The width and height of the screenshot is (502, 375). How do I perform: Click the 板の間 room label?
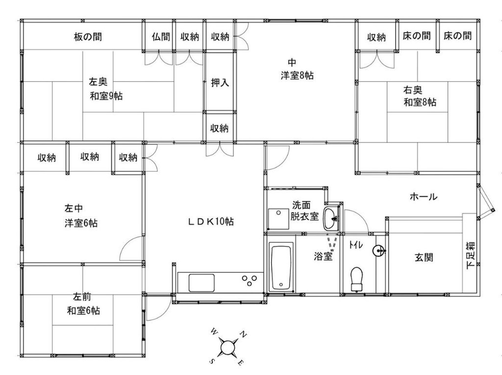tap(88, 37)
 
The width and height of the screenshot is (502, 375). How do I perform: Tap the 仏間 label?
tap(161, 37)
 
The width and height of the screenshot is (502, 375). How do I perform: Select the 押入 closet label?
tap(220, 82)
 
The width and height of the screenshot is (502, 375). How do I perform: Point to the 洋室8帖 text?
tap(297, 76)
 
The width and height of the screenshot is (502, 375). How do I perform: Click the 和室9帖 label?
tap(106, 96)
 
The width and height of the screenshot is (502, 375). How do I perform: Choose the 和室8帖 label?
tap(420, 102)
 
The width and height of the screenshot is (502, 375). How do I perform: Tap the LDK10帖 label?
tap(211, 221)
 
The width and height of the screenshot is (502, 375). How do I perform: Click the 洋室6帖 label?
tap(81, 223)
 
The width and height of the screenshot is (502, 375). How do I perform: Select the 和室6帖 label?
tap(83, 311)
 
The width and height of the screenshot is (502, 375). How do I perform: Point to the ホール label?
tap(423, 196)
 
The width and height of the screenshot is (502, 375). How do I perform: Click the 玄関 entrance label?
tap(424, 257)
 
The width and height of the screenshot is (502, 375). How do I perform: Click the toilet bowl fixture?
tap(357, 279)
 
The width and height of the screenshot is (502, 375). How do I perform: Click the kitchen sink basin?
tap(201, 283)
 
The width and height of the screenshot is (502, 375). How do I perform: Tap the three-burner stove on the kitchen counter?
tap(250, 280)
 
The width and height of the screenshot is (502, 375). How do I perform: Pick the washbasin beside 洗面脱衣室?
tap(331, 218)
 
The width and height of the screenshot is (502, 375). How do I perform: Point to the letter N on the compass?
tap(243, 335)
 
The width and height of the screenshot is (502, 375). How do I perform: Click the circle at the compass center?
tap(227, 347)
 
